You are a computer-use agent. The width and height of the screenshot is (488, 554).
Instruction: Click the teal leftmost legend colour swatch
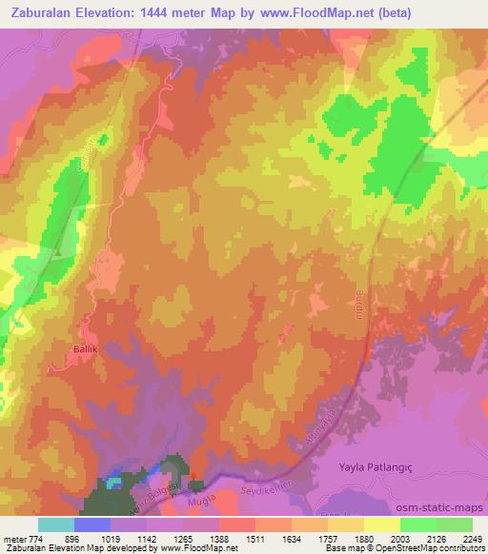pyautogui.click(x=56, y=524)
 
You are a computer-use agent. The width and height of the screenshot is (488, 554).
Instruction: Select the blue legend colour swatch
pyautogui.click(x=92, y=524)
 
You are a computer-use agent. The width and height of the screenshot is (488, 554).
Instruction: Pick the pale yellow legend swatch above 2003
pyautogui.click(x=381, y=524)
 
